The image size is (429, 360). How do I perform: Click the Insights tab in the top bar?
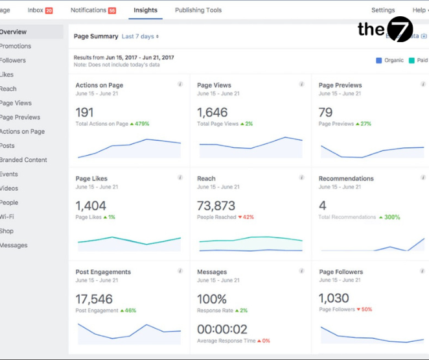[x=145, y=10]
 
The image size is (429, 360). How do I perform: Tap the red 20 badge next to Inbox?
[x=49, y=11]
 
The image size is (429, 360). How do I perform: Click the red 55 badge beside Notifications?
[x=112, y=11]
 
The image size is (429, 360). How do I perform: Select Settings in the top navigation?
[x=383, y=10]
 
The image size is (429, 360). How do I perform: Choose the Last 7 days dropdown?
[x=140, y=37]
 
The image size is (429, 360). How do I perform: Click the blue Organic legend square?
[x=379, y=60]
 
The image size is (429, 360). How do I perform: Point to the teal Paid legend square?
[x=412, y=60]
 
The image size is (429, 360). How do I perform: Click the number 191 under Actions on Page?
[x=84, y=112]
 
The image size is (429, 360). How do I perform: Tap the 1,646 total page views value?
[x=213, y=112]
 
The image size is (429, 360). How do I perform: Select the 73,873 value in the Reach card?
[x=216, y=206]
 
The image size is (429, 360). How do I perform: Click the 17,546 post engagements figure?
[x=94, y=299]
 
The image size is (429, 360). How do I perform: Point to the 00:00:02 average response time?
[x=222, y=329]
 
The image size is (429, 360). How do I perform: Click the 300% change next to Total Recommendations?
[x=391, y=217]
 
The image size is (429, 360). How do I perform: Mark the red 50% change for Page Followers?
[x=366, y=310]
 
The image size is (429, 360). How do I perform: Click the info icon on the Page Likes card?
[x=180, y=178]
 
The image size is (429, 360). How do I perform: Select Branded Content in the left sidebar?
[x=23, y=160]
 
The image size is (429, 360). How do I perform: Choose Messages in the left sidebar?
[x=14, y=245]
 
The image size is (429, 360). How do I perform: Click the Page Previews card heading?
[x=340, y=85]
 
